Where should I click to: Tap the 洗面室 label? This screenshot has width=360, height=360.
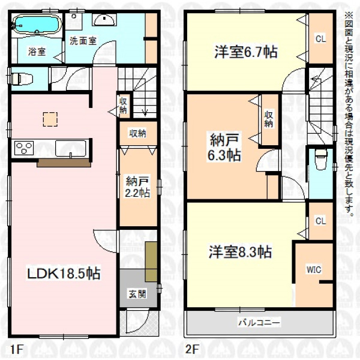coord(83,41)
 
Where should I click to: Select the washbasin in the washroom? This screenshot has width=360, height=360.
coord(104,20)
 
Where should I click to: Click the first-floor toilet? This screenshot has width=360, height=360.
coord(22,79)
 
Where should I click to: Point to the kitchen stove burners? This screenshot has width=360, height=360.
coord(24,148)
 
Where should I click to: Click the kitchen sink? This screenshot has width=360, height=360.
coord(71,148)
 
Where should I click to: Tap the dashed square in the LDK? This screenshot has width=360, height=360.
coord(50,119)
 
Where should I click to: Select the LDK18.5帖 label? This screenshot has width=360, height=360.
coord(64,274)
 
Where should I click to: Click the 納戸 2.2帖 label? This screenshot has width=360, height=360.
coord(137,187)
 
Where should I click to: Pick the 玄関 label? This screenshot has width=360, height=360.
coord(137,294)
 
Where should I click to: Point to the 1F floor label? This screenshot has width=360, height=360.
coord(16,349)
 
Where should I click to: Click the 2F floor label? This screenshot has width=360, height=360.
coord(191,349)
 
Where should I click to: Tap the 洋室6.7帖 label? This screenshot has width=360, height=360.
coord(246,52)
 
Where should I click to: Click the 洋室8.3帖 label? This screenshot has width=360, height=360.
coord(240,252)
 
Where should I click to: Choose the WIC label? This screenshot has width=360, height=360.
coord(314,269)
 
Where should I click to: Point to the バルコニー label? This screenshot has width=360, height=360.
coord(259,323)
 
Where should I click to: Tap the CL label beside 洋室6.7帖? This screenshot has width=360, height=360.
coord(321,39)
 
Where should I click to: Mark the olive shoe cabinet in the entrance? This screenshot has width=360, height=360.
coord(151,261)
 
